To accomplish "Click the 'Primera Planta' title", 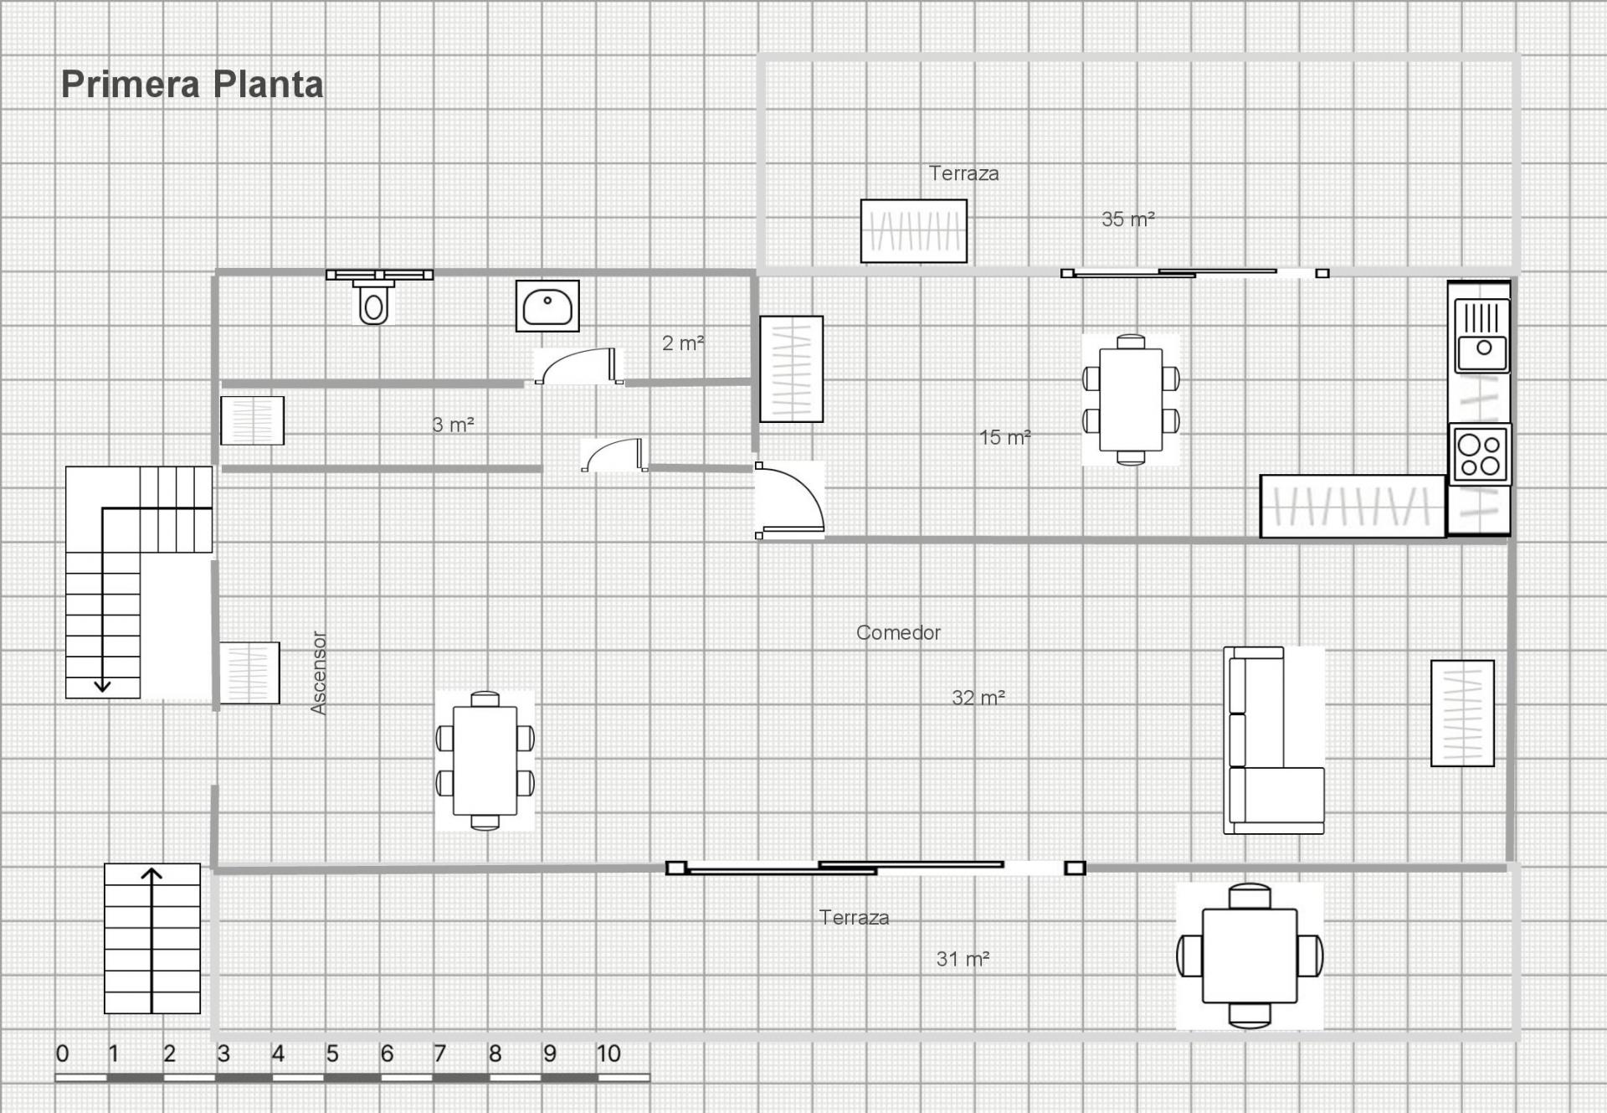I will tap(192, 85).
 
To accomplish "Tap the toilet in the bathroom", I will tap(373, 303).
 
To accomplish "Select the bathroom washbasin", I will tap(547, 307).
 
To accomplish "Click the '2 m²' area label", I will tap(682, 343).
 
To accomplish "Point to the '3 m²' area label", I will tap(453, 425).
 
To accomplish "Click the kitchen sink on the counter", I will tap(1481, 337).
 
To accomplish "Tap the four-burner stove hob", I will tap(1479, 456).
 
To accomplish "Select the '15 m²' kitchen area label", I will tap(1004, 437).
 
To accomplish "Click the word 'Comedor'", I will tap(898, 633).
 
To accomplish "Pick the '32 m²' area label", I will tap(978, 698).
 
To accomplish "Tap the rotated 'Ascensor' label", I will tap(318, 672).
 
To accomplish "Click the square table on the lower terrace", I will tap(1249, 956).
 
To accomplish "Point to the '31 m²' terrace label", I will tap(963, 959).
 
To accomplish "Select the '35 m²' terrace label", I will tap(1127, 219).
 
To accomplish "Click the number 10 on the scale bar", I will tap(608, 1054).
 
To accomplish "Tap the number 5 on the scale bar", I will tap(332, 1054).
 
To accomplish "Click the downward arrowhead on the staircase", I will tap(102, 686).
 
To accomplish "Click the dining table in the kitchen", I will tap(1130, 399).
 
